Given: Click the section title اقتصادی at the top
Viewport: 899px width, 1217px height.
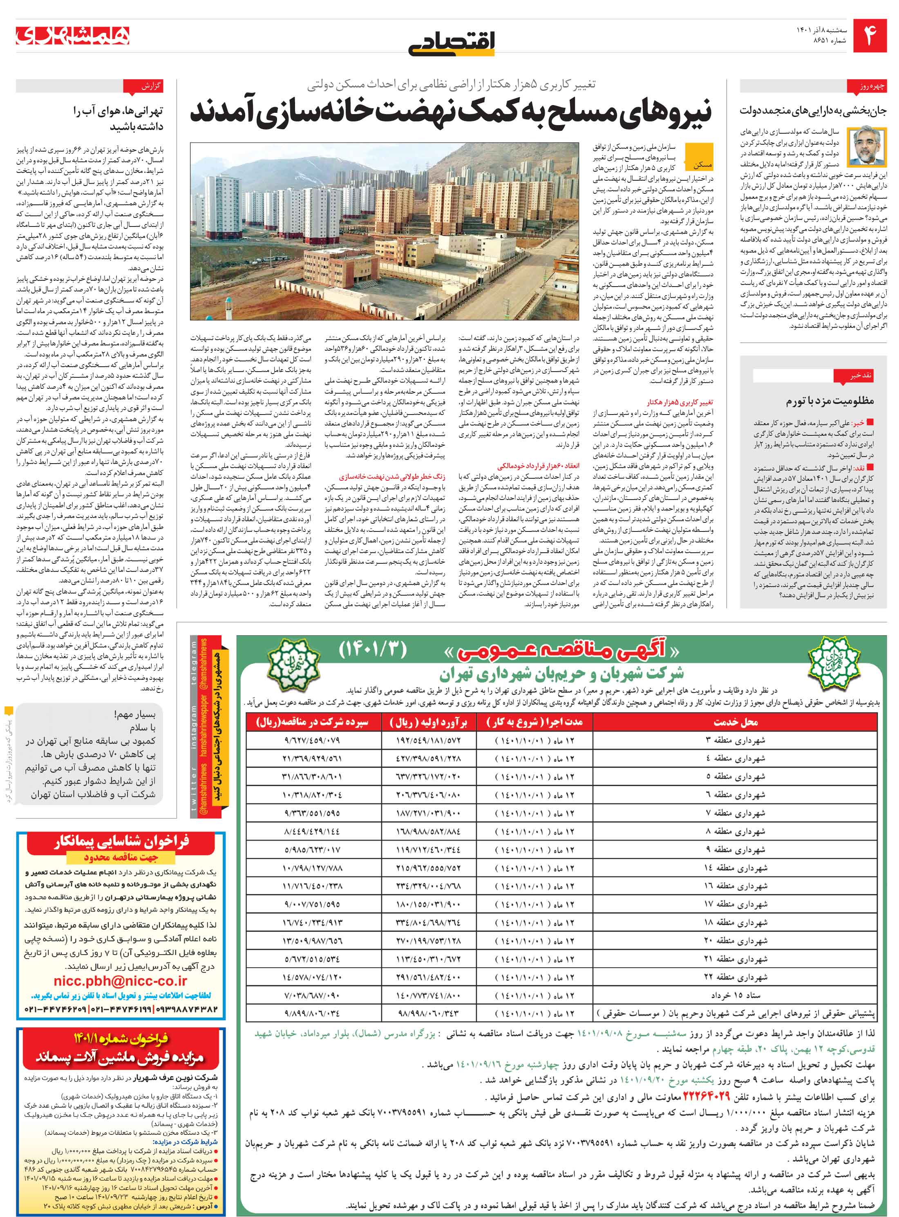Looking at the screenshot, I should coord(452,43).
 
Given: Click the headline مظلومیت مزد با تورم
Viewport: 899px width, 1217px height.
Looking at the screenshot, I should coord(830,401).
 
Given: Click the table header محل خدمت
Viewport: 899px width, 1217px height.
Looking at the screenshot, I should coord(735,722).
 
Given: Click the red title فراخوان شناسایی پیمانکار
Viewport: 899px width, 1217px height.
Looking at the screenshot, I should coord(121,842).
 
